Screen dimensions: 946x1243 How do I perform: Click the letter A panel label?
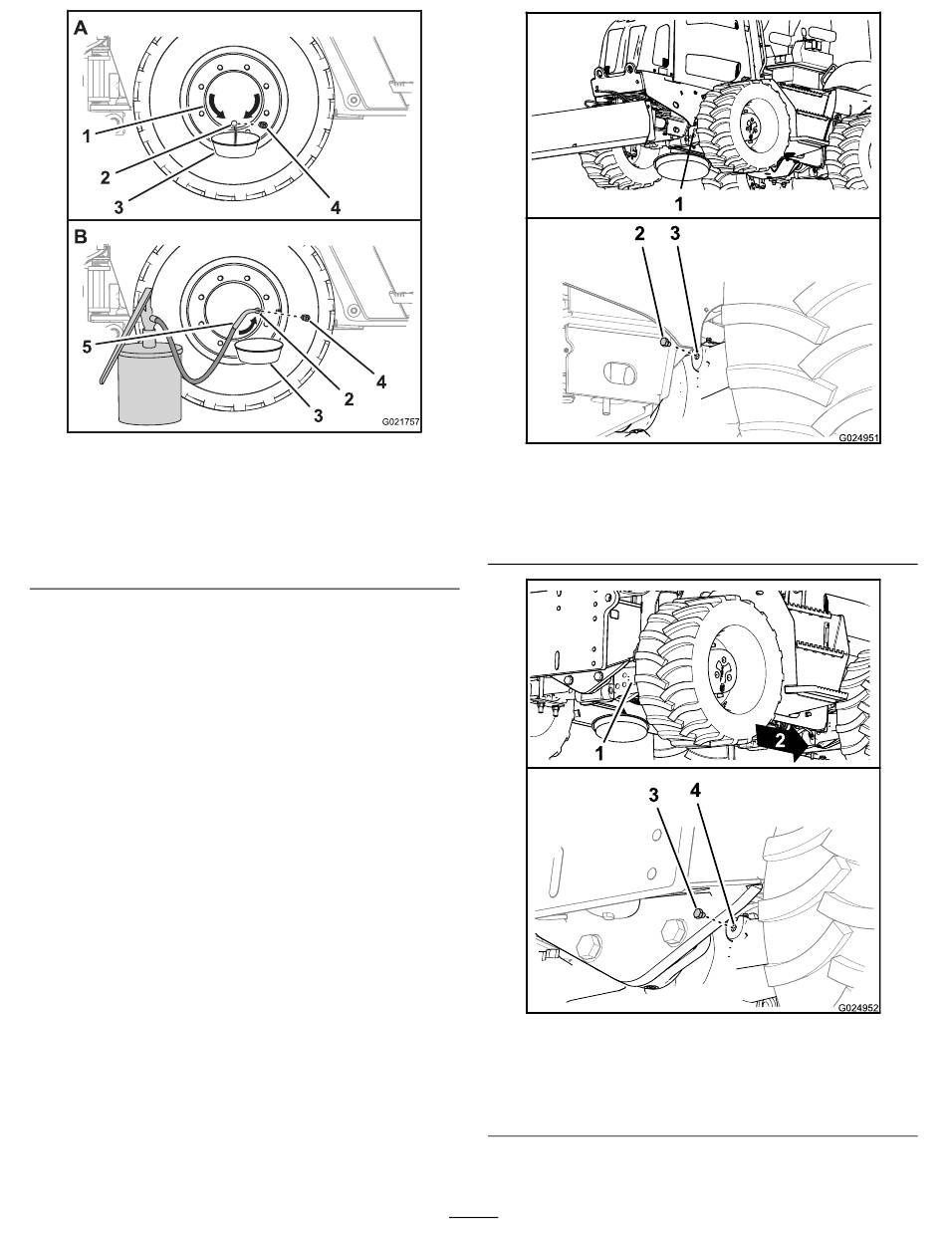click(81, 28)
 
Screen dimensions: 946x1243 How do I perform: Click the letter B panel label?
click(81, 236)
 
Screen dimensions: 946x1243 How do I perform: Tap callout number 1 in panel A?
click(86, 135)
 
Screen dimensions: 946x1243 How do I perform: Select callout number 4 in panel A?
click(336, 208)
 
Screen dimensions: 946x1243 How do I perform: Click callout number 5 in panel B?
click(87, 347)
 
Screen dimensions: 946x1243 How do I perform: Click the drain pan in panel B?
click(259, 352)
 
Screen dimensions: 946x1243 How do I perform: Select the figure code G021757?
click(400, 422)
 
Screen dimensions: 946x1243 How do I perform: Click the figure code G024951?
click(858, 437)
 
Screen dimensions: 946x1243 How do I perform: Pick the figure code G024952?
click(858, 1007)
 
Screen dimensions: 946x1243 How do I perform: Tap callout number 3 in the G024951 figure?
click(675, 233)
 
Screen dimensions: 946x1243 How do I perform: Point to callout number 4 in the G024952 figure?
click(695, 790)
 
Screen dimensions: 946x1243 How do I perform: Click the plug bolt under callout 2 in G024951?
click(666, 342)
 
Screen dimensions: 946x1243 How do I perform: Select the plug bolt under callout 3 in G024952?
click(700, 913)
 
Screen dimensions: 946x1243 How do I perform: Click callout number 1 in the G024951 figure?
click(679, 204)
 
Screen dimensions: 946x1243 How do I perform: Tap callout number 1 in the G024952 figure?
click(599, 753)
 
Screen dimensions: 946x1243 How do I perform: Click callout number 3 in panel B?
click(319, 416)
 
